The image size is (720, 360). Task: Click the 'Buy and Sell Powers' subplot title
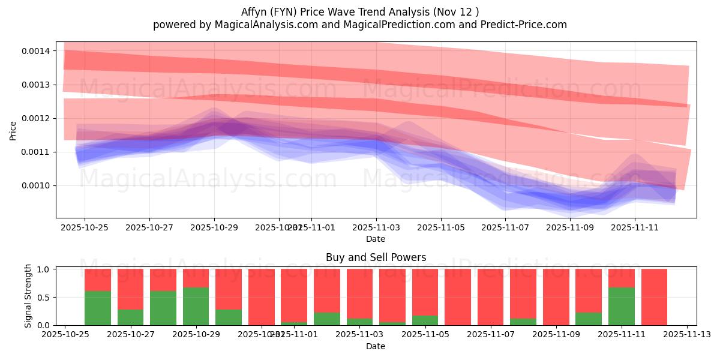tap(376, 257)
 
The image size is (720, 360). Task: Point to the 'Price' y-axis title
tap(13, 130)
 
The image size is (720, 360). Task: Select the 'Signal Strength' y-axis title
tap(28, 296)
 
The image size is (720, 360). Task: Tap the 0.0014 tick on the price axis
tap(35, 51)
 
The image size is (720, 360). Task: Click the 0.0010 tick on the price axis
tap(35, 185)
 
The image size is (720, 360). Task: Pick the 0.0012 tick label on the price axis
tap(35, 118)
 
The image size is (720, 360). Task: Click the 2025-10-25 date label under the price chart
tap(84, 227)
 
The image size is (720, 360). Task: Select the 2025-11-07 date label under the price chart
tap(505, 227)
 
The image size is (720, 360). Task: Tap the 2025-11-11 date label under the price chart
tap(635, 227)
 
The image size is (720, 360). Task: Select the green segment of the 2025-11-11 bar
tap(621, 306)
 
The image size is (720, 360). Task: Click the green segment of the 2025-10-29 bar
tap(196, 306)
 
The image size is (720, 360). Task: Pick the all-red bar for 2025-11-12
tap(654, 297)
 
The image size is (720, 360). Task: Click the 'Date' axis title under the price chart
tap(376, 239)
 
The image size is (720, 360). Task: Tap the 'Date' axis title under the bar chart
tap(376, 346)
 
